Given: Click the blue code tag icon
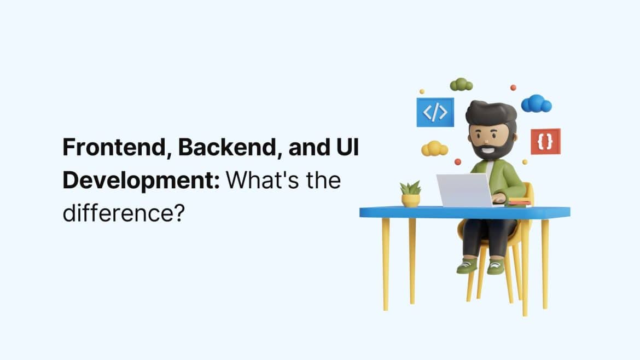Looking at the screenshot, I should point(435,112).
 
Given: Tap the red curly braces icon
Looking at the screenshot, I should point(545,142).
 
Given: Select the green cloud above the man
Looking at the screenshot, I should point(461,85).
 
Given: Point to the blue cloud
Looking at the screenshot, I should point(536,104).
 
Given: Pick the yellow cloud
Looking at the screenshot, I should point(434,148).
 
